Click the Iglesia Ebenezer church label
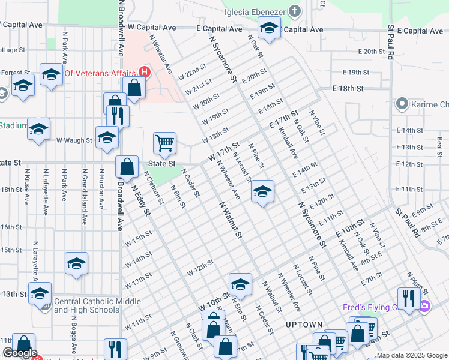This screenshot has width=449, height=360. (x=254, y=11)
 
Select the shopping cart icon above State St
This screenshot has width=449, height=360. (x=164, y=143)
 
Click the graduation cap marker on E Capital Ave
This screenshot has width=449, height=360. (x=269, y=28)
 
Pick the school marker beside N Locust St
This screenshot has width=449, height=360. (x=262, y=191)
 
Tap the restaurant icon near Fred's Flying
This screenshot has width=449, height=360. (x=408, y=298)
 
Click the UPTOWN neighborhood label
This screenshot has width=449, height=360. (x=303, y=325)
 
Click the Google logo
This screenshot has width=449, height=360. (x=20, y=353)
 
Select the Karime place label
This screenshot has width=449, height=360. (x=429, y=104)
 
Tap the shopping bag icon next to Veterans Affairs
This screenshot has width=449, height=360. (x=134, y=88)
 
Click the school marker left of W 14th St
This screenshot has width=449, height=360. (x=76, y=263)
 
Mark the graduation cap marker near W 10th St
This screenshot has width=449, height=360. (x=240, y=284)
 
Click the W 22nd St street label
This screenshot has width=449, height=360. (x=192, y=74)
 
